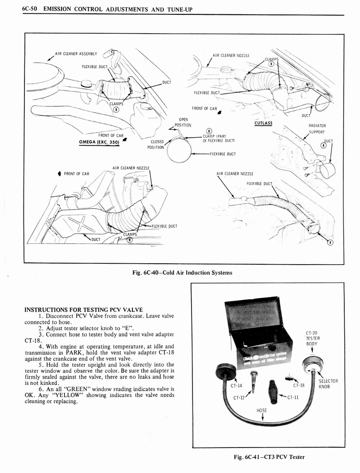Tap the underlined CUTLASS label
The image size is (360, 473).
click(263, 123)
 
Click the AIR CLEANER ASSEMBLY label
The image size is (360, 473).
click(75, 54)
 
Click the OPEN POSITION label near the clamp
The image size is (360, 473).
click(183, 122)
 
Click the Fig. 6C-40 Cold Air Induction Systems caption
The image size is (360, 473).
click(182, 273)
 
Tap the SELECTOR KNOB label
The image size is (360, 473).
click(328, 383)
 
